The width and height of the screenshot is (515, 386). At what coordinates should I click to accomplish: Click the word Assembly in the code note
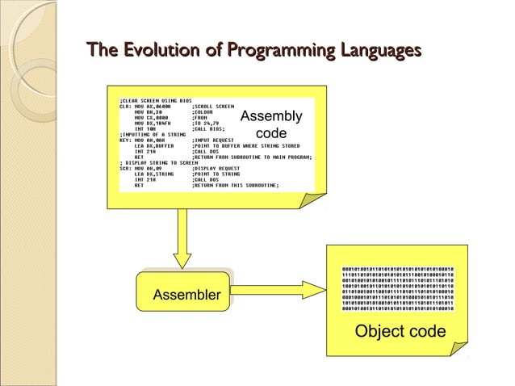pos(271,116)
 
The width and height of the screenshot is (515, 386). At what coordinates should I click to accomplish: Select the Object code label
pos(400,331)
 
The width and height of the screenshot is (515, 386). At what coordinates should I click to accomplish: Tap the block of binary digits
pos(399,288)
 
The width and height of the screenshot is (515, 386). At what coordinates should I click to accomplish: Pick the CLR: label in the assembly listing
pos(125,106)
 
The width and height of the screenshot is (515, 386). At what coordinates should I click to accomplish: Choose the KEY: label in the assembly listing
pos(125,140)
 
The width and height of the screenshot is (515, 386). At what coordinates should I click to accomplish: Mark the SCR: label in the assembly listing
pos(125,168)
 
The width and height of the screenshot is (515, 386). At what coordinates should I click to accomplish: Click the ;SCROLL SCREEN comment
pos(214,106)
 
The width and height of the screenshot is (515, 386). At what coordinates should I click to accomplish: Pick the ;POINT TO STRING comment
pos(217,174)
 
